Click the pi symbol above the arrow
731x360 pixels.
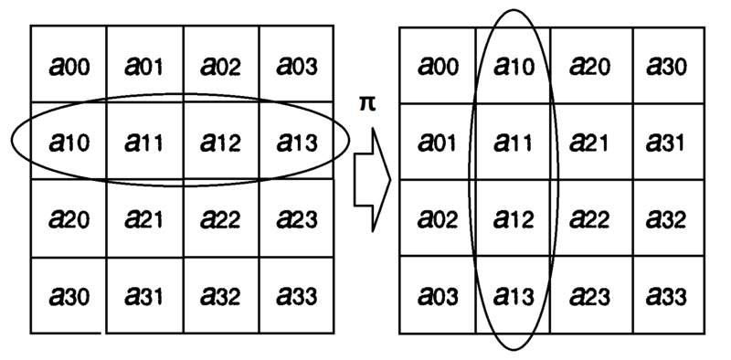pyautogui.click(x=366, y=103)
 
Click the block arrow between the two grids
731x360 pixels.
pyautogui.click(x=372, y=177)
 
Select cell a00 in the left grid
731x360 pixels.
pyautogui.click(x=68, y=65)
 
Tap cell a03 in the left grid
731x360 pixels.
pyautogui.click(x=297, y=65)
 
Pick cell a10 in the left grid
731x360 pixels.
pyautogui.click(x=68, y=142)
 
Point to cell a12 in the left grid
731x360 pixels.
pyautogui.click(x=220, y=142)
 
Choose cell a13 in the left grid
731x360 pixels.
pyautogui.click(x=297, y=142)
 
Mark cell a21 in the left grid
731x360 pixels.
pyautogui.click(x=144, y=218)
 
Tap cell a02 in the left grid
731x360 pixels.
pyautogui.click(x=220, y=65)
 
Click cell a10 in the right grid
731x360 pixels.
pyautogui.click(x=513, y=65)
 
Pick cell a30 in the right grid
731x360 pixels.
pyautogui.click(x=666, y=65)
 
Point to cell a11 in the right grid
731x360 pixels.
pyautogui.click(x=513, y=142)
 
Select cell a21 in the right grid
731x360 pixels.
pyautogui.click(x=589, y=142)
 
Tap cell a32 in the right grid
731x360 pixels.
pyautogui.click(x=666, y=218)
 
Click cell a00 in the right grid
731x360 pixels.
pyautogui.click(x=437, y=65)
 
